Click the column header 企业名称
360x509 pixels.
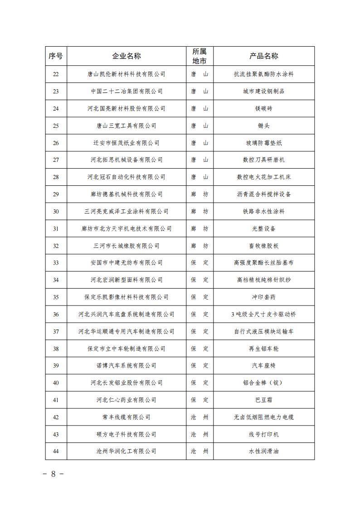pyautogui.click(x=126, y=56)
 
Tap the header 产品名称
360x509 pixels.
pyautogui.click(x=264, y=56)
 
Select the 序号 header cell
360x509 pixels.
pyautogui.click(x=56, y=56)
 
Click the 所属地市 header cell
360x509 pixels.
pyautogui.click(x=199, y=56)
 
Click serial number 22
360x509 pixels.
pyautogui.click(x=56, y=74)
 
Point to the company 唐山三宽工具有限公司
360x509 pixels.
pyautogui.click(x=126, y=126)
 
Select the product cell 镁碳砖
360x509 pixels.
pyautogui.click(x=264, y=108)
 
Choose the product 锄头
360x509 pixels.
pyautogui.click(x=264, y=126)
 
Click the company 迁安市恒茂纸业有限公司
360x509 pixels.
pyautogui.click(x=126, y=143)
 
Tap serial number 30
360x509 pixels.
pyautogui.click(x=56, y=211)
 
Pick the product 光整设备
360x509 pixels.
pyautogui.click(x=264, y=228)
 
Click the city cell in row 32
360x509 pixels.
pyautogui.click(x=199, y=246)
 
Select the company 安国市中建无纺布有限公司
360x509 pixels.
pyautogui.click(x=126, y=263)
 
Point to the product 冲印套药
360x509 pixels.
pyautogui.click(x=264, y=297)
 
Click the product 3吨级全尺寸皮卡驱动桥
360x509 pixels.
pyautogui.click(x=264, y=314)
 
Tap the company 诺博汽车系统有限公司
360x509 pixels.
pyautogui.click(x=126, y=366)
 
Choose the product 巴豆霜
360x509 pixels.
pyautogui.click(x=264, y=400)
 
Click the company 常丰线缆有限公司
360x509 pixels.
pyautogui.click(x=126, y=417)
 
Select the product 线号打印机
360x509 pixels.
pyautogui.click(x=264, y=434)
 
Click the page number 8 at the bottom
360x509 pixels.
pyautogui.click(x=53, y=474)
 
